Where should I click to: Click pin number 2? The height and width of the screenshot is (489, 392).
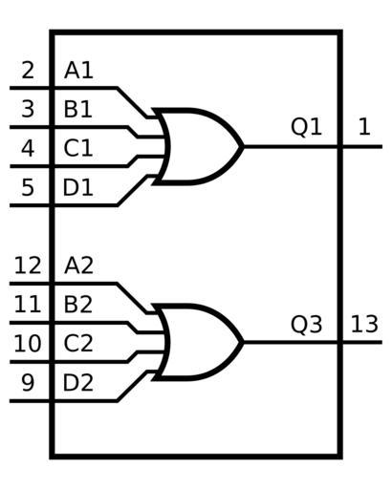tap(28, 71)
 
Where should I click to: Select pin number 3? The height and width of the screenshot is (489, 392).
tap(28, 109)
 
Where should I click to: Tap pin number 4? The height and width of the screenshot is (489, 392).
tap(28, 148)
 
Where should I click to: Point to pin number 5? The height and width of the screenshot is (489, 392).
tap(28, 187)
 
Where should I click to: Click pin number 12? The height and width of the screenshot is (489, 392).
tap(28, 266)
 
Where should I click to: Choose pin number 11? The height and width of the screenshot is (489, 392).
tap(28, 305)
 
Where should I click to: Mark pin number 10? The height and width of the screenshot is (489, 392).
tap(28, 344)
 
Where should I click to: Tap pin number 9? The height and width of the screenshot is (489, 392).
tap(28, 383)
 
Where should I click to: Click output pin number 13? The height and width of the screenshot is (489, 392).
tap(364, 325)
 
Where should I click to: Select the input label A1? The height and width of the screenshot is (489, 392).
tap(78, 71)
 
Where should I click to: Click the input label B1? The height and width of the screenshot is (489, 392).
tap(78, 109)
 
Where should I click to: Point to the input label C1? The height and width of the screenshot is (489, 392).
tap(78, 148)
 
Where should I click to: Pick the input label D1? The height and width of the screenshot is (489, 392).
tap(78, 187)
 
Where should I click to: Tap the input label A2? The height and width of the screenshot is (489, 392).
tap(78, 266)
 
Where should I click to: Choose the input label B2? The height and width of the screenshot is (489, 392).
tap(78, 305)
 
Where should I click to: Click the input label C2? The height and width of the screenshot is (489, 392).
tap(78, 344)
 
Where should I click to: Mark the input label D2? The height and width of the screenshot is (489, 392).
tap(78, 383)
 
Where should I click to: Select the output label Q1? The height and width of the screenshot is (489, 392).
tap(307, 127)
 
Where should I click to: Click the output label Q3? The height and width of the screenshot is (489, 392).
tap(307, 325)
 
